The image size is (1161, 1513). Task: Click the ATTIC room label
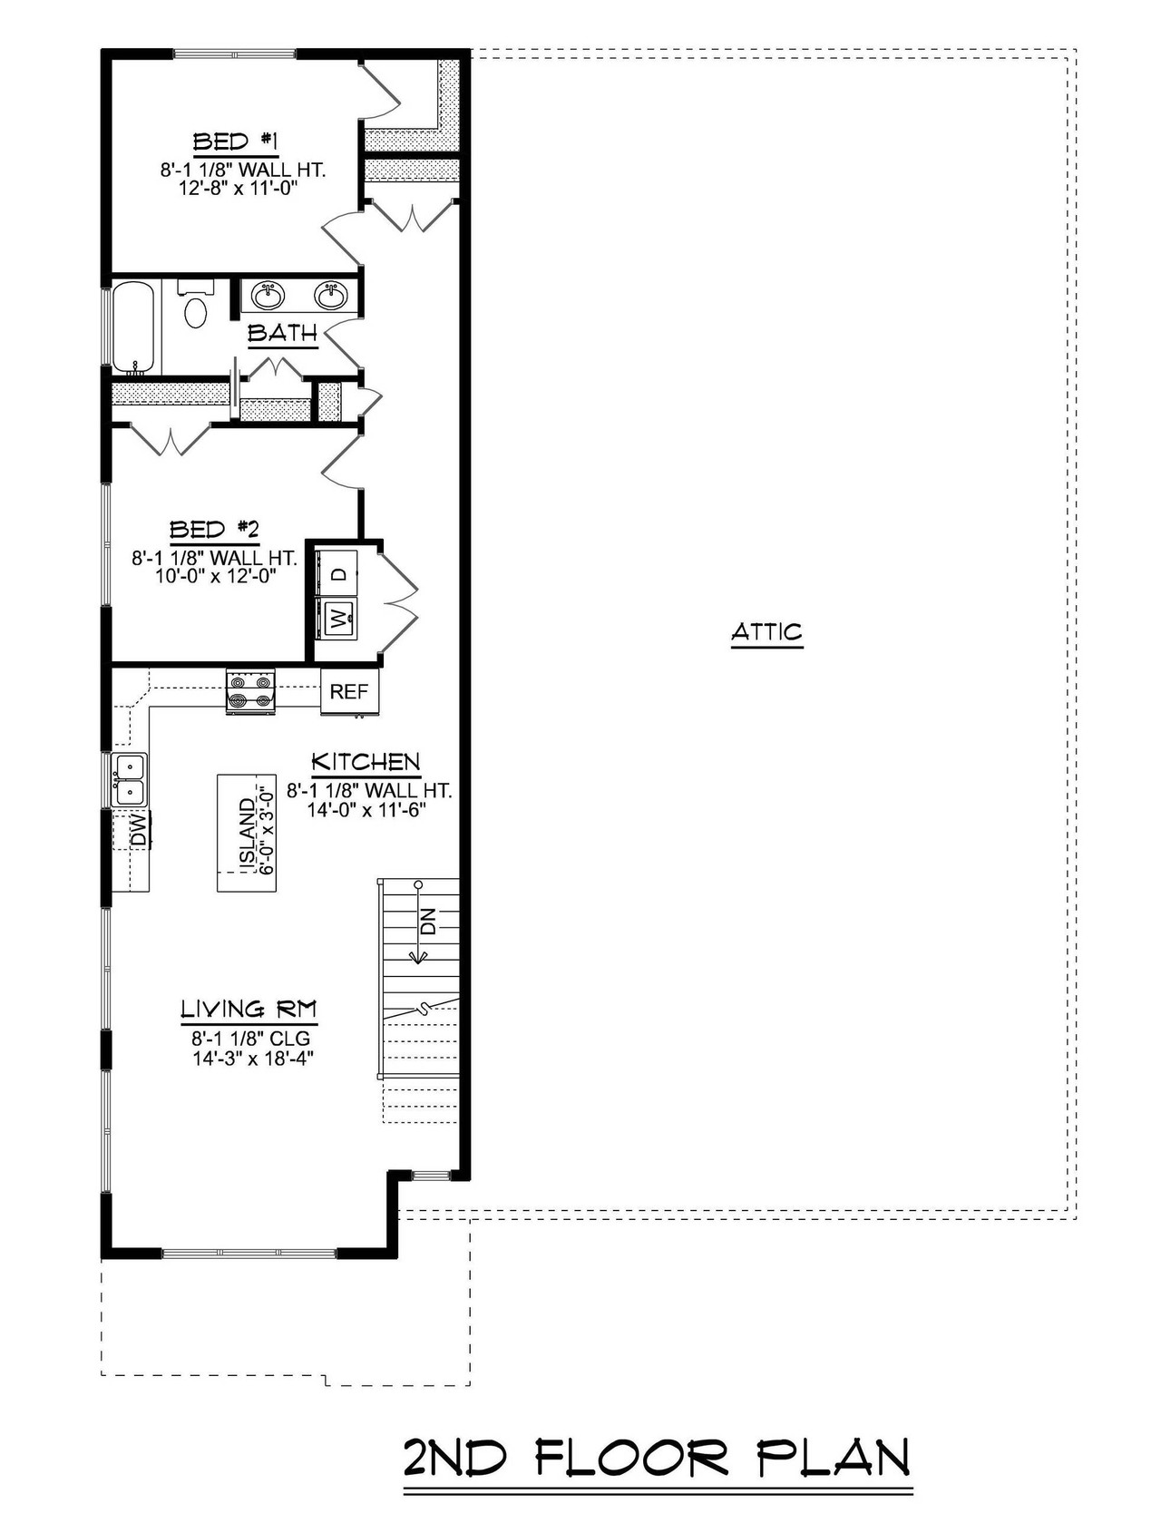pyautogui.click(x=766, y=631)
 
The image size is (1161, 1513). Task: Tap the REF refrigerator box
pyautogui.click(x=349, y=692)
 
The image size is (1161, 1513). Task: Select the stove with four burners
pyautogui.click(x=250, y=691)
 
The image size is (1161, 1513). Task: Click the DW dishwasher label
pyautogui.click(x=138, y=830)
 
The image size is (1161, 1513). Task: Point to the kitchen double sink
pyautogui.click(x=130, y=779)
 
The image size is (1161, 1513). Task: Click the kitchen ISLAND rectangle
pyautogui.click(x=246, y=833)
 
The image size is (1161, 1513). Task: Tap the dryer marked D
pyautogui.click(x=337, y=573)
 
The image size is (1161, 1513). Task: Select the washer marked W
pyautogui.click(x=337, y=620)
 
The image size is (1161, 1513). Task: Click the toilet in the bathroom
pyautogui.click(x=195, y=308)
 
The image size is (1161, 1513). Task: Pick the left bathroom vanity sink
pyautogui.click(x=268, y=295)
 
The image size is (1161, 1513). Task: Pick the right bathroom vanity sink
pyautogui.click(x=330, y=295)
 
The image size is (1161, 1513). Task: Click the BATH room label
pyautogui.click(x=283, y=333)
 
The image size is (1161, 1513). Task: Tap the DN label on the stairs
pyautogui.click(x=428, y=921)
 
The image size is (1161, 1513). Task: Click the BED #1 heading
pyautogui.click(x=234, y=142)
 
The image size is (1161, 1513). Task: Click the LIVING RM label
pyautogui.click(x=249, y=1009)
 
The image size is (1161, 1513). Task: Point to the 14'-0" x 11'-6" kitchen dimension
pyautogui.click(x=366, y=809)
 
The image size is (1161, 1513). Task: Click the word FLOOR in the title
pyautogui.click(x=631, y=1459)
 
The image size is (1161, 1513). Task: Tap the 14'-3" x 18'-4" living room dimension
pyautogui.click(x=252, y=1058)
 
